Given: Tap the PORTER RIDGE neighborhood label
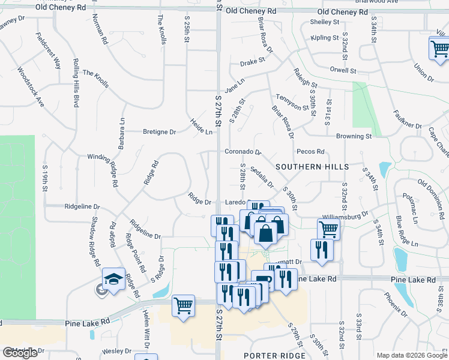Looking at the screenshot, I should (x=274, y=355).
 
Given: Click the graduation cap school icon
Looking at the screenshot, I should (x=113, y=279).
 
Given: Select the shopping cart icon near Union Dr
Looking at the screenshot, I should (x=439, y=47).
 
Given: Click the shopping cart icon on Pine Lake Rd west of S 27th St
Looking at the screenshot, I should (x=183, y=305).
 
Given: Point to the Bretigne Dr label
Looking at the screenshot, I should (x=159, y=131).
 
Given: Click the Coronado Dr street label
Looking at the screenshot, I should (x=243, y=152).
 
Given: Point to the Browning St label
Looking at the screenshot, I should (x=354, y=136).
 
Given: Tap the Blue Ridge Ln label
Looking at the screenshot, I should (x=405, y=230).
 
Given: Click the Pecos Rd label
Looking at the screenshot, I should (x=310, y=152).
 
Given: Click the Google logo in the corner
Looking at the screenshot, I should (x=20, y=353).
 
